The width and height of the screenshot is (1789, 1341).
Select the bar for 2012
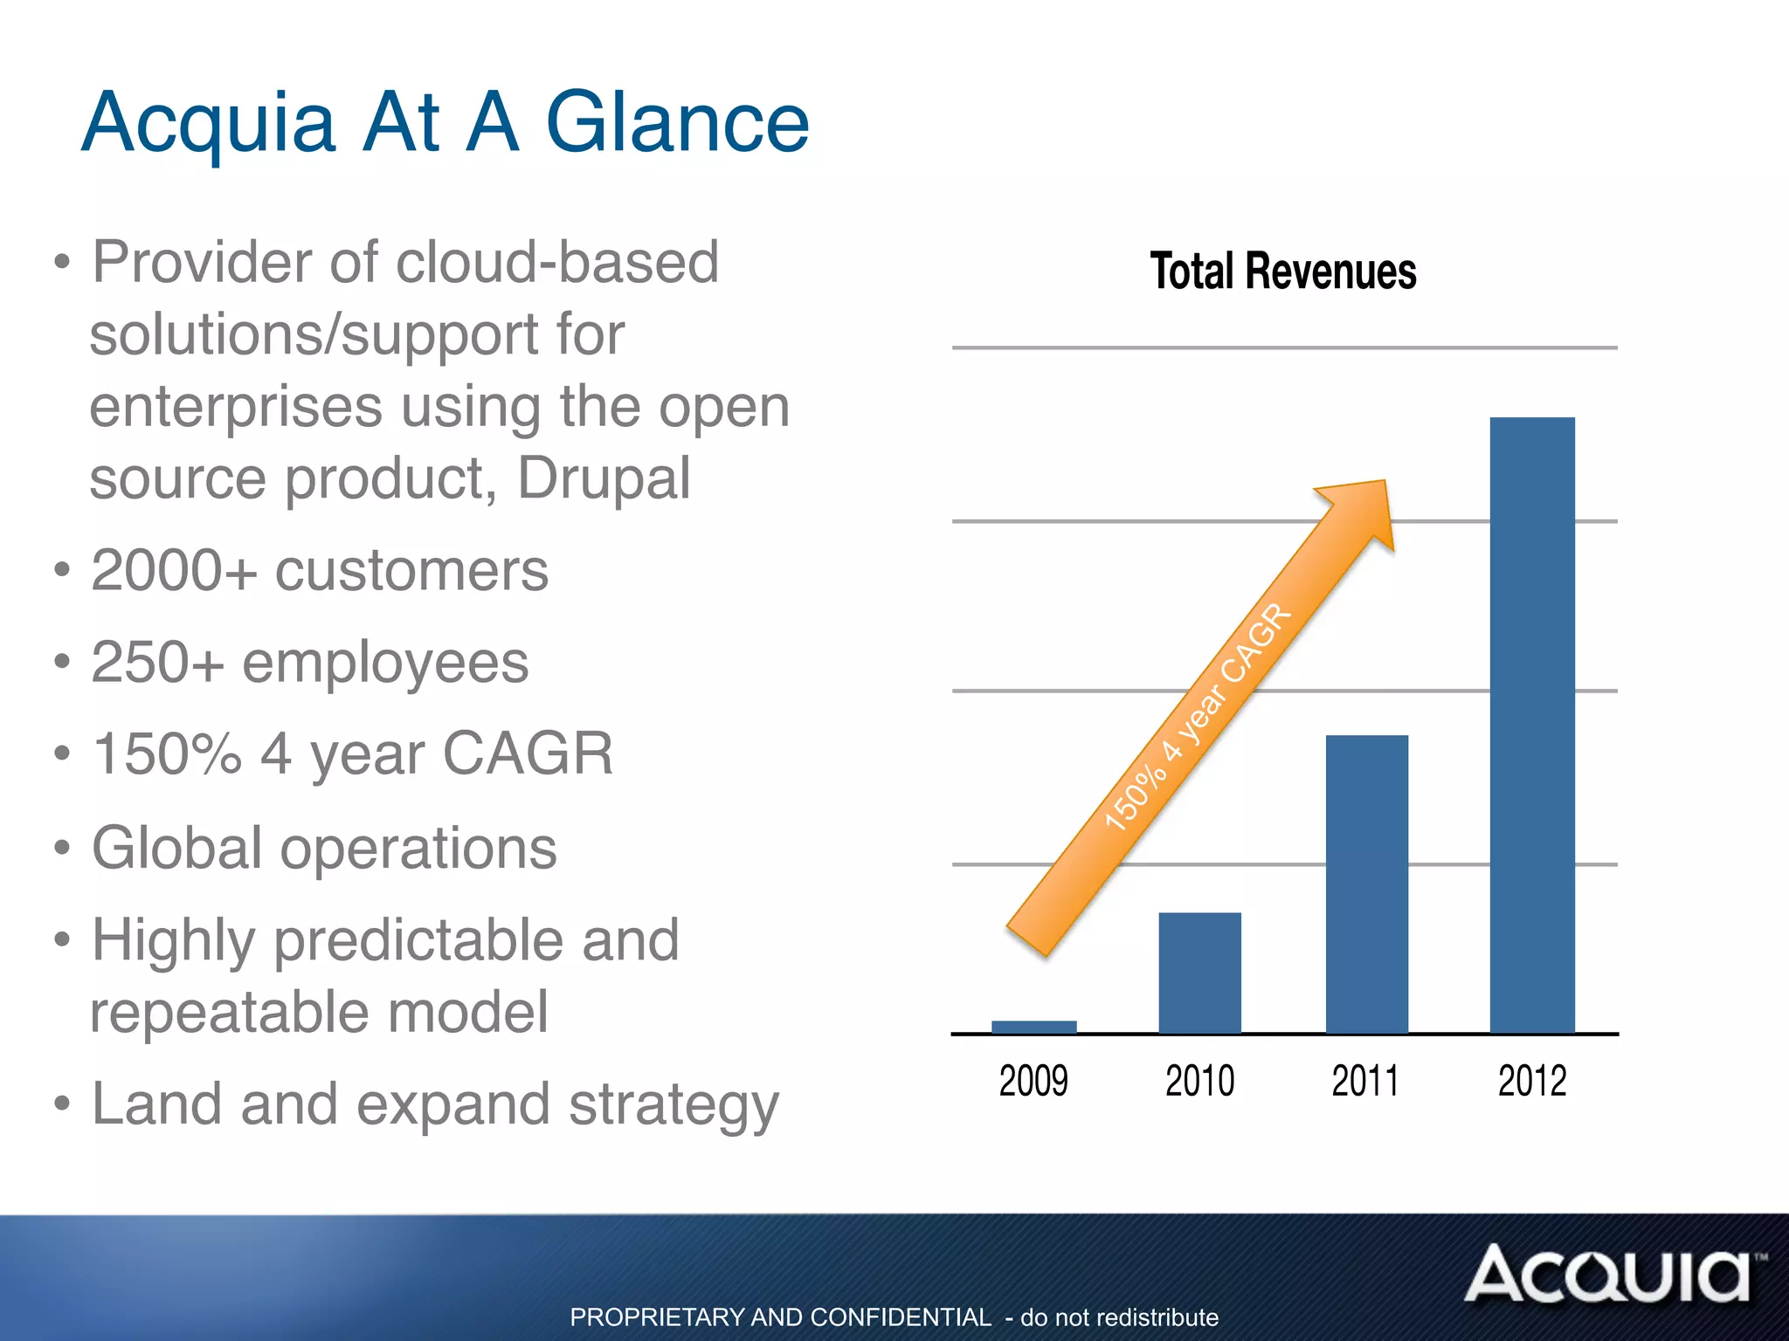point(1532,725)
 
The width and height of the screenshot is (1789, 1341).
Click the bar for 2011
point(1366,884)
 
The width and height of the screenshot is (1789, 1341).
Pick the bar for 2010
point(1199,973)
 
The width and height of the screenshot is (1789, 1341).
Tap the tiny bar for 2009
point(1033,1027)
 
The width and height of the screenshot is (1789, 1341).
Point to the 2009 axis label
point(1033,1081)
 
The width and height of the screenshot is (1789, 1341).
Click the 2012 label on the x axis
point(1532,1081)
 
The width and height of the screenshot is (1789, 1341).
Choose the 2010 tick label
point(1199,1081)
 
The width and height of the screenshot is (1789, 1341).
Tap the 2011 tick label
point(1365,1081)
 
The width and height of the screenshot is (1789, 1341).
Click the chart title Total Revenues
point(1282,271)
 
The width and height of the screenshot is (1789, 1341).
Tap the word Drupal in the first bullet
point(604,478)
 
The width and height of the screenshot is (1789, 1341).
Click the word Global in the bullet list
point(177,848)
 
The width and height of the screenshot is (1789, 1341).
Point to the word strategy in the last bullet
point(673,1105)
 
